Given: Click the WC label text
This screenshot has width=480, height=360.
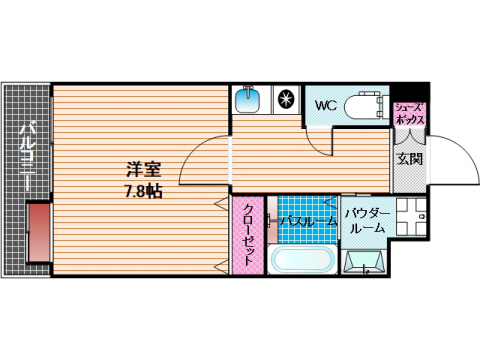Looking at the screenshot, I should (325, 103).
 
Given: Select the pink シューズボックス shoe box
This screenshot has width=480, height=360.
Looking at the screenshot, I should (411, 112).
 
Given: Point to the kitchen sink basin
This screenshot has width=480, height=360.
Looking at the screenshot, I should (248, 100).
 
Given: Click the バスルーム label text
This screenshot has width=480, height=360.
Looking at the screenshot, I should (306, 221).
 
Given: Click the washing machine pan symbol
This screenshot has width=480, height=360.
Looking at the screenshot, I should (366, 262).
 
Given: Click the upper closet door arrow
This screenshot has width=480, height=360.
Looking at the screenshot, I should (220, 204).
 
